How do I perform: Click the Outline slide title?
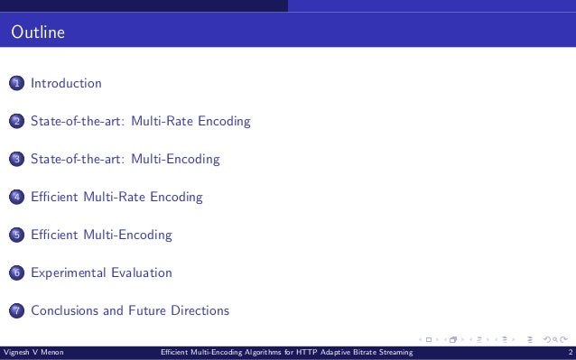point(37,35)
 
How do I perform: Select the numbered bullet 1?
point(17,84)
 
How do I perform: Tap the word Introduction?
point(66,84)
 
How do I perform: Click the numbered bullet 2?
point(17,122)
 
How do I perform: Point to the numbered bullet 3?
point(17,160)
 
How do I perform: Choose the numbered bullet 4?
point(17,198)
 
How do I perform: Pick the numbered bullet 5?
point(17,235)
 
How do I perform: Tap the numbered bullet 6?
point(17,273)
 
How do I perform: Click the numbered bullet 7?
point(17,311)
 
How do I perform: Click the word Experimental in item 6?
point(67,272)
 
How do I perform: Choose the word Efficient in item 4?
point(55,197)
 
